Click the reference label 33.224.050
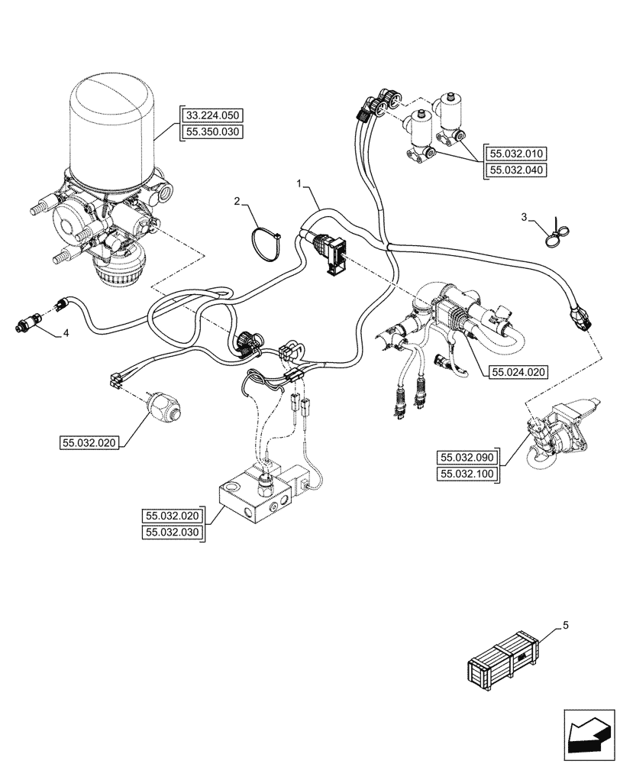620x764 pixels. pos(212,115)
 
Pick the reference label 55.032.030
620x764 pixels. pos(173,533)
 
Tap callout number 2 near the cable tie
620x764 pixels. pos(237,201)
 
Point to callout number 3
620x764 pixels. pos(525,218)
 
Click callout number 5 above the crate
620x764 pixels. pos(565,626)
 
